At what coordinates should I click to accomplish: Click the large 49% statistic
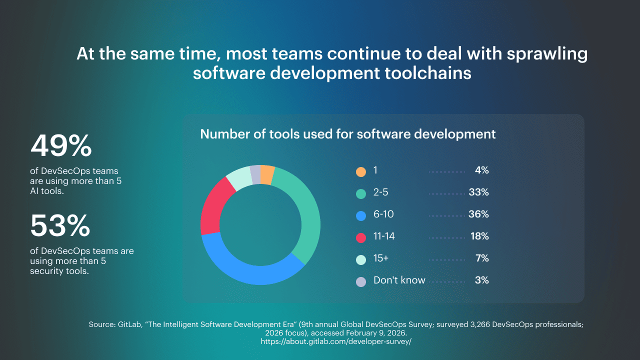coord(61,146)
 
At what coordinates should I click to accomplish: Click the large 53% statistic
coord(60,226)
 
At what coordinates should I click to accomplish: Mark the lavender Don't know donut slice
coord(255,173)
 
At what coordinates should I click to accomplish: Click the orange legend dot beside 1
coord(361,171)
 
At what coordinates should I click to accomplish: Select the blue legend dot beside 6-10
coord(361,215)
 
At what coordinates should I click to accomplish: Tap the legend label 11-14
coord(384,236)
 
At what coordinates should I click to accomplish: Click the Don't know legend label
coord(399,280)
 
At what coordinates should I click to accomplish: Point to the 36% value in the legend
coord(478,214)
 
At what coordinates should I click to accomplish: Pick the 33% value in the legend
coord(478,192)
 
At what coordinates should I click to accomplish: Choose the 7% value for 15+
coord(482,258)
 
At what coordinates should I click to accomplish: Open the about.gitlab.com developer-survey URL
coord(336,341)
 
